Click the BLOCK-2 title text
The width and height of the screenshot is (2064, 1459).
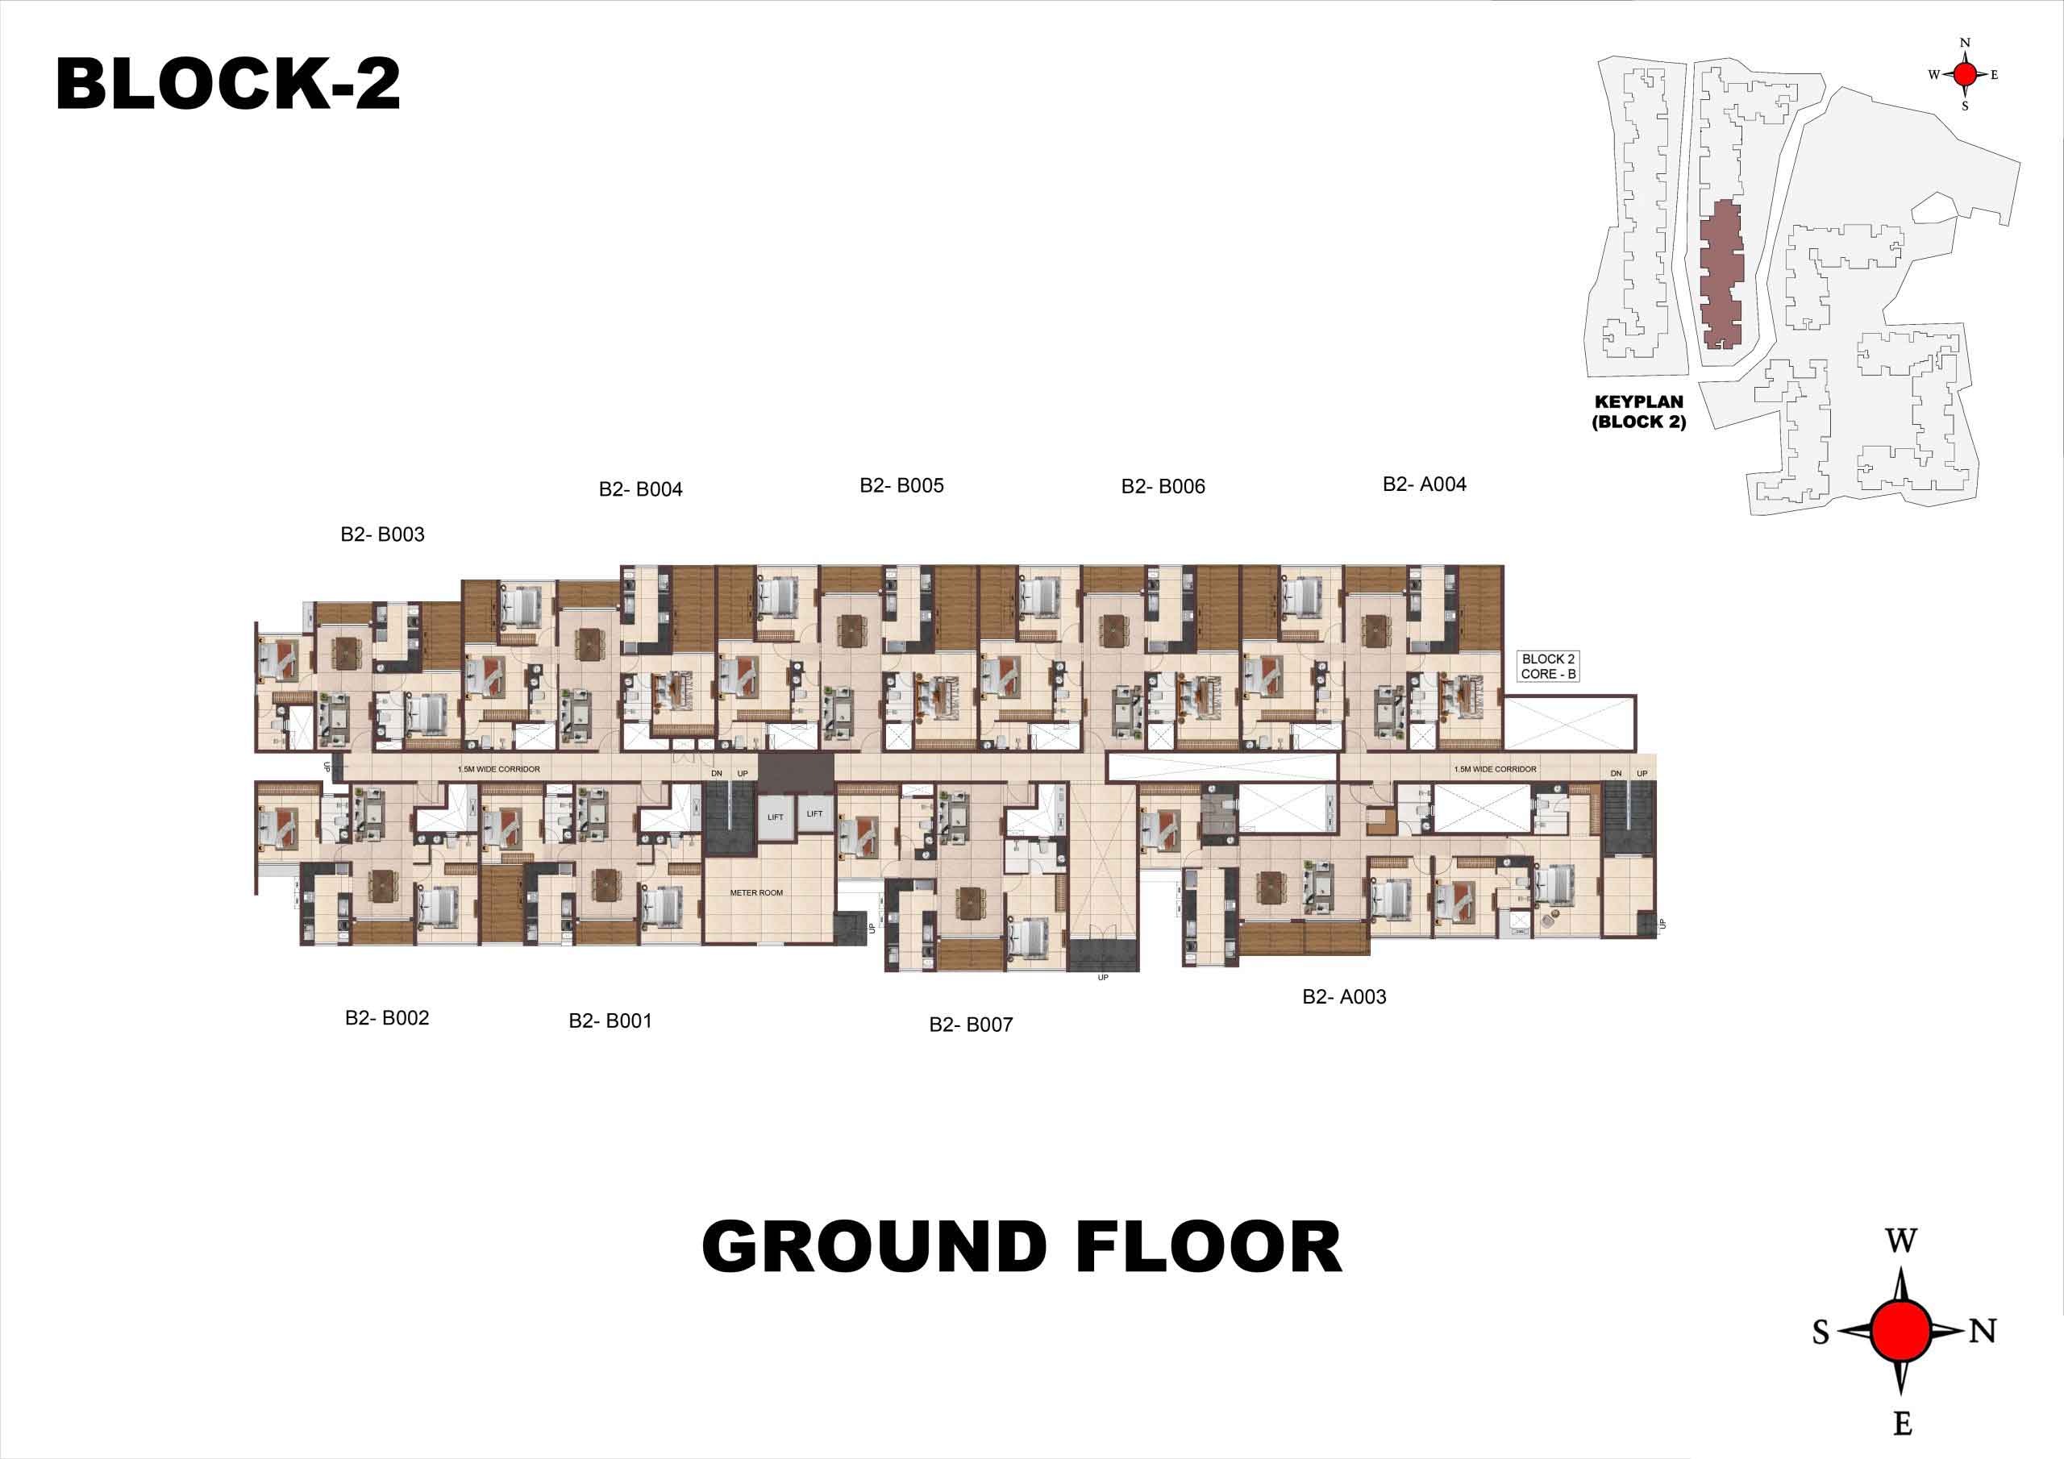tap(227, 84)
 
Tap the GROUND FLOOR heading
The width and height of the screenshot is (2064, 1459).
tap(1022, 1247)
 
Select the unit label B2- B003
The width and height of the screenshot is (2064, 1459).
tap(382, 534)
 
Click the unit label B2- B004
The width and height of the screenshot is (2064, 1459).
tap(640, 489)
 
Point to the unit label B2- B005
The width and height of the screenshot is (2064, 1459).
tap(901, 485)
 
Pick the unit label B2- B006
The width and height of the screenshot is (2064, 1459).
tap(1163, 486)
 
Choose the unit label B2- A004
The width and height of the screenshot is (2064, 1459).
tap(1424, 484)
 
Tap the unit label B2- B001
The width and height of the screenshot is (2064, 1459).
tap(610, 1020)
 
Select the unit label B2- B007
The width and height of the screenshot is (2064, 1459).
tap(971, 1024)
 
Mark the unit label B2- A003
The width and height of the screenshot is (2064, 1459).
tap(1344, 996)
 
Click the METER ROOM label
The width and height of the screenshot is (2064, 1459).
tap(756, 892)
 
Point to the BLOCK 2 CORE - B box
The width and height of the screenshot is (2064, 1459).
tap(1548, 666)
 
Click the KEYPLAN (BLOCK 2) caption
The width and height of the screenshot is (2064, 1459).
tap(1639, 412)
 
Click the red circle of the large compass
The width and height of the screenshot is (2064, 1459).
tap(1901, 1331)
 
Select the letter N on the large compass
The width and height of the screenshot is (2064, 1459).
tap(1983, 1331)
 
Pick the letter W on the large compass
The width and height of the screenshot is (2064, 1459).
tap(1900, 1241)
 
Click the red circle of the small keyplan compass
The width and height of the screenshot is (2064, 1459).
tap(1965, 75)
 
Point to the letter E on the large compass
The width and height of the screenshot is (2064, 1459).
tap(1902, 1423)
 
